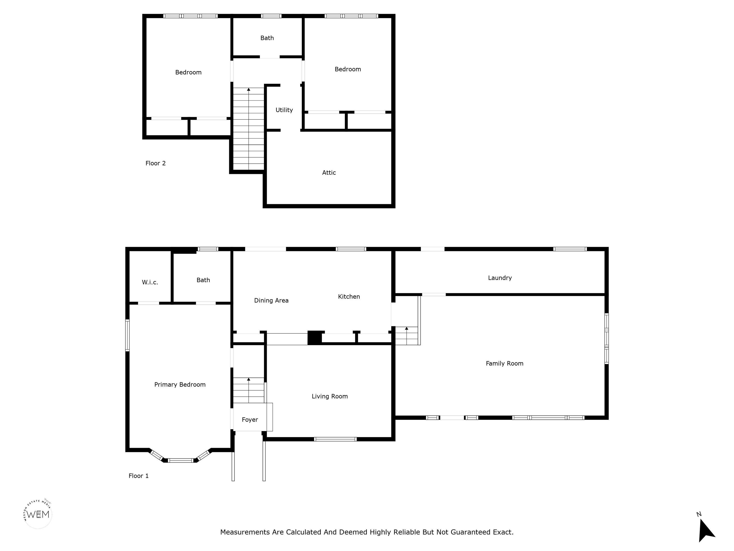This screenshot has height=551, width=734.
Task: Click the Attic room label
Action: (329, 173)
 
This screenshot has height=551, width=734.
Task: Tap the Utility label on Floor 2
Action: (284, 110)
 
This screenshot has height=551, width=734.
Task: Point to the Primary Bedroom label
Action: (180, 385)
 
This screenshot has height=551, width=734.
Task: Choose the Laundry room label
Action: (500, 278)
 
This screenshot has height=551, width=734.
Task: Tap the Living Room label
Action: (329, 396)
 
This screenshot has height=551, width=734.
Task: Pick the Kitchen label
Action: (349, 297)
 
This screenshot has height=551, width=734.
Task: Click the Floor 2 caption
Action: (155, 163)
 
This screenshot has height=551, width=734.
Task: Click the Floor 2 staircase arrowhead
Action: (248, 89)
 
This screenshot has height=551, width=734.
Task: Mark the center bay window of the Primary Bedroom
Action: (180, 460)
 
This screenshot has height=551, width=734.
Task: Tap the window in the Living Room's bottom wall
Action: (335, 439)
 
